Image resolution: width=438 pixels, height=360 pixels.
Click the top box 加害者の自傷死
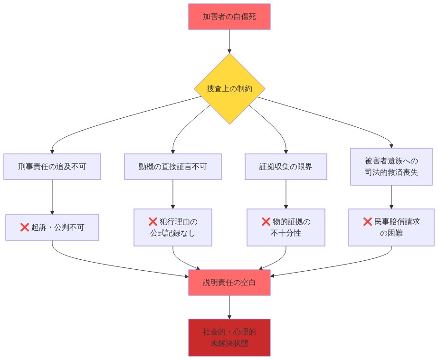click(x=229, y=17)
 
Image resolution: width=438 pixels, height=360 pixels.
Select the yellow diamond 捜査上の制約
click(x=229, y=89)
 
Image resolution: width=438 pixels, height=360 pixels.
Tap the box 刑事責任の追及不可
click(x=52, y=167)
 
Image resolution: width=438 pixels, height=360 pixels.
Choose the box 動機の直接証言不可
click(x=173, y=167)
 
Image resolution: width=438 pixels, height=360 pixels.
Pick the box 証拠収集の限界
click(x=286, y=167)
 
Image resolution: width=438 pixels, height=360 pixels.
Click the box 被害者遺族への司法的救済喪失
click(x=391, y=167)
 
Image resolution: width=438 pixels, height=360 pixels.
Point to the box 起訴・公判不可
click(x=52, y=227)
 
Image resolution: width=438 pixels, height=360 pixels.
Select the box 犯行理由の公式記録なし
click(x=173, y=227)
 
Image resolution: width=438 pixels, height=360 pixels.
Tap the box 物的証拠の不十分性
click(x=286, y=227)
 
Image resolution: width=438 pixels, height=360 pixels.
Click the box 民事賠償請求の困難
click(x=391, y=227)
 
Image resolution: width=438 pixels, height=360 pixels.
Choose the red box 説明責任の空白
click(x=229, y=283)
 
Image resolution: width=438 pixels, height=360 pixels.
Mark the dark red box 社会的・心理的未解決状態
click(x=229, y=338)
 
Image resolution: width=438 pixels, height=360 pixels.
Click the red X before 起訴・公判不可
click(x=25, y=227)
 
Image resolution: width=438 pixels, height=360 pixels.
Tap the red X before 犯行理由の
click(x=153, y=222)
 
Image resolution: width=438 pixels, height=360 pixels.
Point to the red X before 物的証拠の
click(x=266, y=222)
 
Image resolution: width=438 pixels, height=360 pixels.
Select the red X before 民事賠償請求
click(x=367, y=222)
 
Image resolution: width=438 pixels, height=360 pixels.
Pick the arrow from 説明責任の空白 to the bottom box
click(x=229, y=307)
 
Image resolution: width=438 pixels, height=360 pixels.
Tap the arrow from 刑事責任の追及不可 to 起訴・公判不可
click(x=52, y=197)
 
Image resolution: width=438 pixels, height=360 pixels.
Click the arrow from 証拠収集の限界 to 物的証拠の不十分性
click(x=286, y=194)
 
